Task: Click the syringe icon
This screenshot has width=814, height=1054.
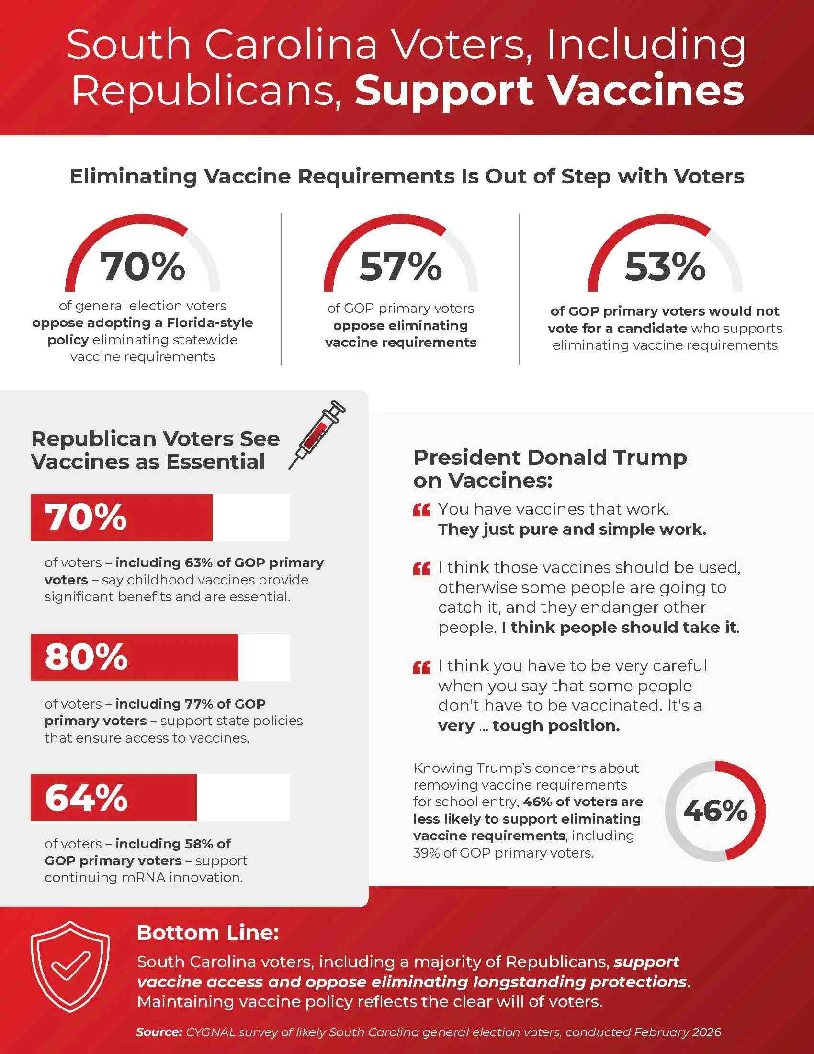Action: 317,435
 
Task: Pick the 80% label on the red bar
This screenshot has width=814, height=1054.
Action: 86,657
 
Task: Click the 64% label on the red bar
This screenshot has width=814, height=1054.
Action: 86,798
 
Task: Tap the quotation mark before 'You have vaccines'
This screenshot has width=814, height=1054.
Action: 421,510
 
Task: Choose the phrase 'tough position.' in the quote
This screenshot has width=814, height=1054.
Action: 556,726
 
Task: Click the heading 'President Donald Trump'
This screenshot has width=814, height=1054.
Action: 550,458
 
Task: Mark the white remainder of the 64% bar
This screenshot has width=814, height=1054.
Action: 243,798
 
